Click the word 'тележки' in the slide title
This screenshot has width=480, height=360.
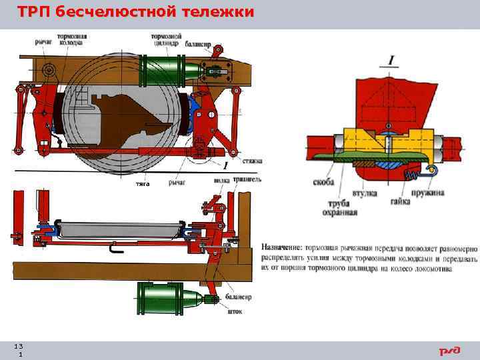point(216,13)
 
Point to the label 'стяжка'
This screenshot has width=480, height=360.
point(251,161)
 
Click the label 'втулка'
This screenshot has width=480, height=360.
point(365,193)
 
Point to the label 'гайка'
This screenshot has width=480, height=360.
point(400,193)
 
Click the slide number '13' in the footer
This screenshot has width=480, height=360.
point(19,346)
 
